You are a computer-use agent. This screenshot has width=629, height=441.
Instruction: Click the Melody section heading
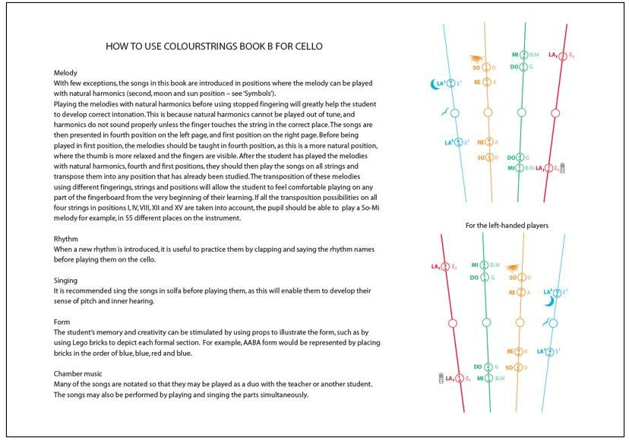coord(67,73)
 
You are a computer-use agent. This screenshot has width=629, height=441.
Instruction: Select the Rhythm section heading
coord(67,240)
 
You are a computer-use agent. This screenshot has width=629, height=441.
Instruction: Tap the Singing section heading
coord(67,281)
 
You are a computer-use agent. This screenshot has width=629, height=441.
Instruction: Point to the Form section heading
coord(62,322)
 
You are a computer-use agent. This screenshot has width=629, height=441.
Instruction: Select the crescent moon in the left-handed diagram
coord(549,301)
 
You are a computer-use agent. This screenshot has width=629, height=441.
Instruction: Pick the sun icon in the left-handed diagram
coord(513,268)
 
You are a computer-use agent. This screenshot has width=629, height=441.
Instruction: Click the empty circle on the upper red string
coord(555,113)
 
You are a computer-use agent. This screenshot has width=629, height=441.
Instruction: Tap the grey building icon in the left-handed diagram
coord(441,378)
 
